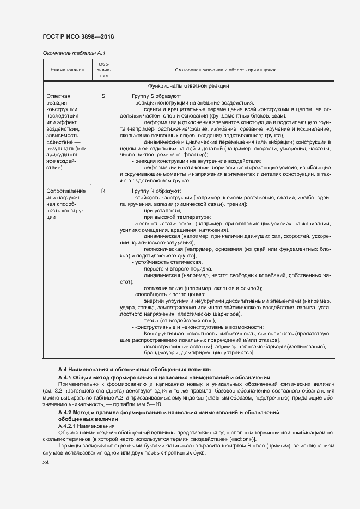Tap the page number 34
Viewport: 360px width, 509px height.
(x=46, y=462)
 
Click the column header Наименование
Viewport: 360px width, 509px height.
(x=67, y=70)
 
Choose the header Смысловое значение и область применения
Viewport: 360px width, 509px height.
(x=225, y=70)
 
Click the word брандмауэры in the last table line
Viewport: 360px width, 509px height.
(x=161, y=353)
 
